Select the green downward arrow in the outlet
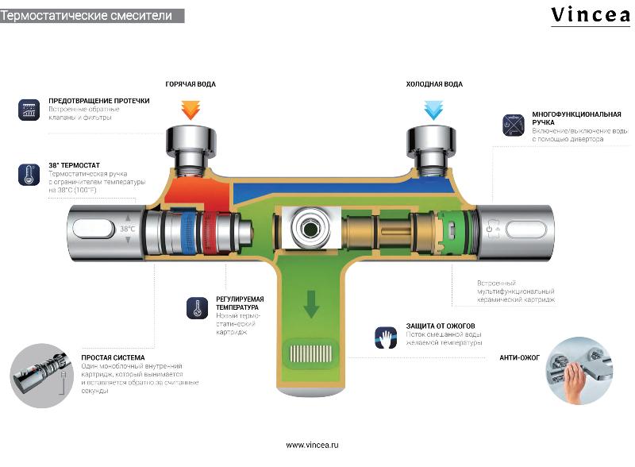[311, 303]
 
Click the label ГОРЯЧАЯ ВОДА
[190, 84]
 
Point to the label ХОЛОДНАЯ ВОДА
[434, 84]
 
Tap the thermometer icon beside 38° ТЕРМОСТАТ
[29, 174]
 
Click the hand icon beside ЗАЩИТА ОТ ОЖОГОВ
[385, 339]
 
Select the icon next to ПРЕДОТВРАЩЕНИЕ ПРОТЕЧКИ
[29, 110]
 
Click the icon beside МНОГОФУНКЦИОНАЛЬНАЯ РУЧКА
[511, 124]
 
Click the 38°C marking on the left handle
[127, 229]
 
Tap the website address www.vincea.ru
[312, 445]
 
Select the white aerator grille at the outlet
[310, 352]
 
